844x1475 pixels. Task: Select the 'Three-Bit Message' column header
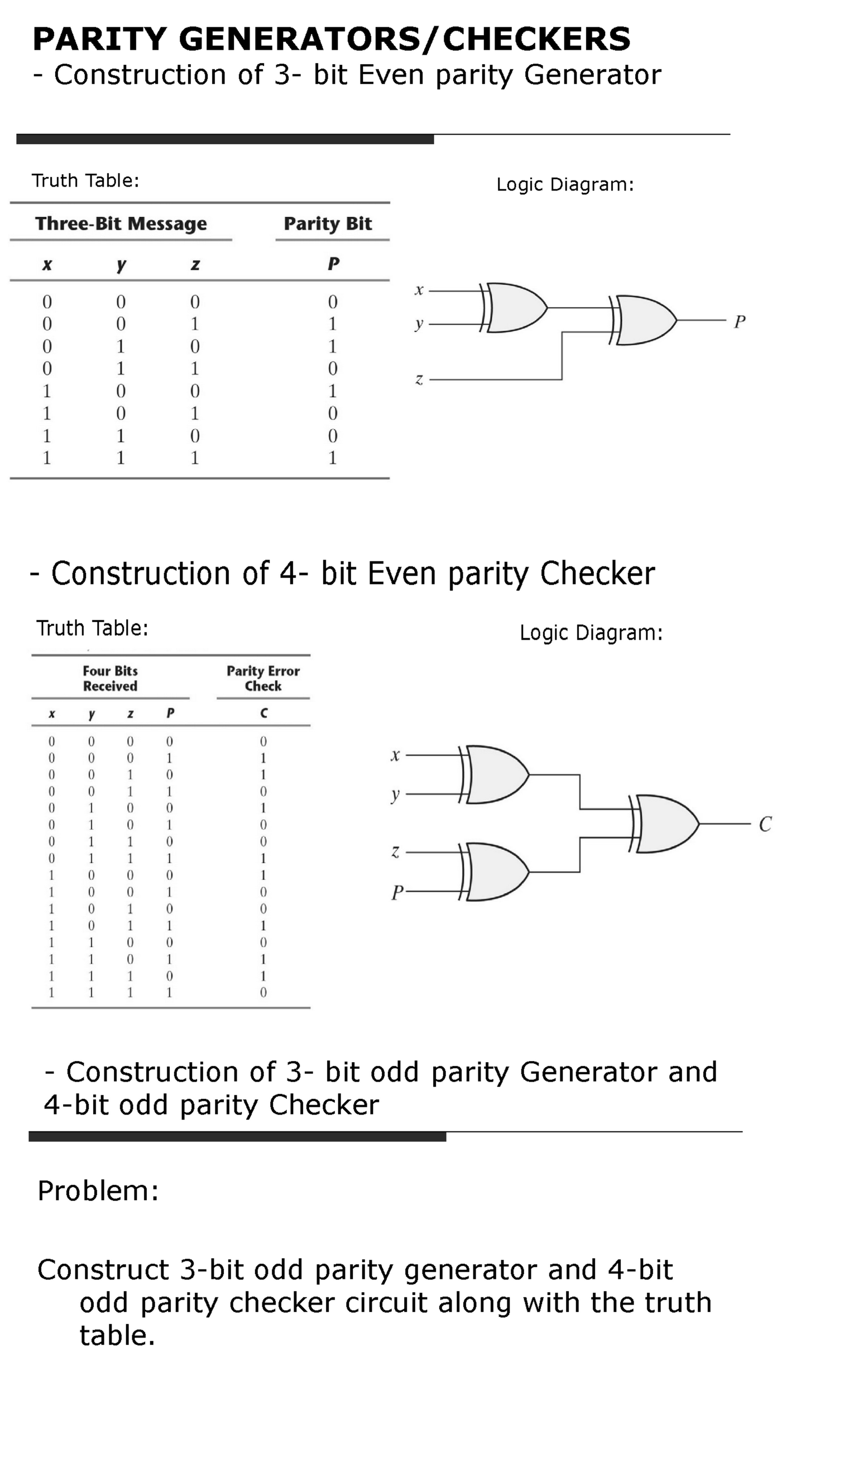[x=121, y=223]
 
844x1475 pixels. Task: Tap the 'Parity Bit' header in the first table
[x=328, y=223]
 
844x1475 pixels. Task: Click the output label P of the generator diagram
[x=739, y=321]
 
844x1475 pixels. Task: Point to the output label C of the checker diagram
[x=765, y=824]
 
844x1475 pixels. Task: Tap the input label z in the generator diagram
[x=419, y=380]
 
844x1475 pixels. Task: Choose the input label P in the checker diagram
[x=396, y=892]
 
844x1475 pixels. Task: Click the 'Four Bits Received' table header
[x=110, y=678]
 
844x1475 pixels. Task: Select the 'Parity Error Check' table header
[x=263, y=678]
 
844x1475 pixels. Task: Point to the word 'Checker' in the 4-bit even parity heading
[x=597, y=574]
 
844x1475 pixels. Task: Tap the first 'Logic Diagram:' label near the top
[x=565, y=184]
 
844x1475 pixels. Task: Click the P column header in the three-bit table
[x=333, y=264]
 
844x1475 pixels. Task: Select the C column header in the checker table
[x=263, y=713]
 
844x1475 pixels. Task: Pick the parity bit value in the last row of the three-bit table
[x=333, y=458]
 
